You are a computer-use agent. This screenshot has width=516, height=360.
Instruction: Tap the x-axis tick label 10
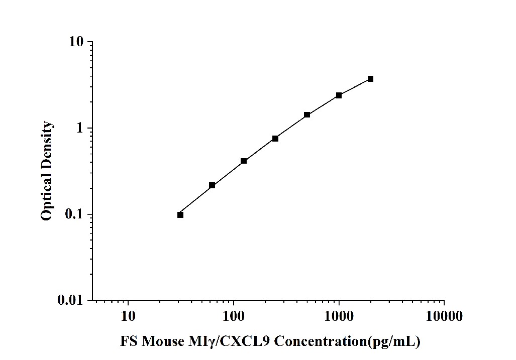coord(128,316)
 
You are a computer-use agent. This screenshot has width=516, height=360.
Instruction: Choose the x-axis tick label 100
coord(234,316)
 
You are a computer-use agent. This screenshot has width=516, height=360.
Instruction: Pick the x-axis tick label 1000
coord(339,316)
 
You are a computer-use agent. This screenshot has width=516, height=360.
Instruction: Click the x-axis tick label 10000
coord(444,316)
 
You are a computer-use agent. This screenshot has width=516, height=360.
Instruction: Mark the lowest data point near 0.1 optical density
coord(180,215)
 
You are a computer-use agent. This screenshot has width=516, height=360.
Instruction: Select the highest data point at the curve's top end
coord(370,79)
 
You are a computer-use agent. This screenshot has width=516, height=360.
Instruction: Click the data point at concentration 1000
coord(339,95)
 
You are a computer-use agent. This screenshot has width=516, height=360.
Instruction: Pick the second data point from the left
coord(212,185)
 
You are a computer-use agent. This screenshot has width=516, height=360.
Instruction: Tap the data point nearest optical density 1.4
coord(307,115)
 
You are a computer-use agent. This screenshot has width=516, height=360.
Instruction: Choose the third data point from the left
coord(244,161)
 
